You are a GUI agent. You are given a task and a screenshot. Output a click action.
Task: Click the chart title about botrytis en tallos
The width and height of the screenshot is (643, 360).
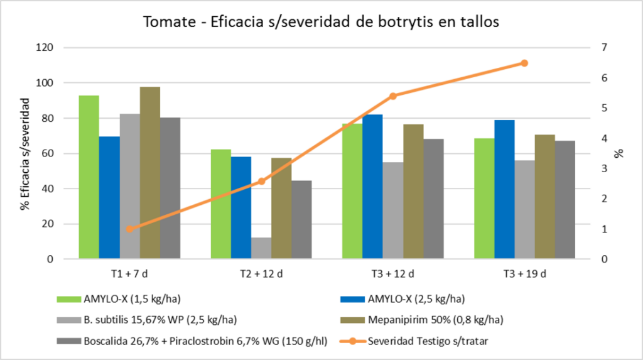[321, 21]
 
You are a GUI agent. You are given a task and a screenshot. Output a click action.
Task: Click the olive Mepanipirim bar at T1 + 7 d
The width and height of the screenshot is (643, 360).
[150, 173]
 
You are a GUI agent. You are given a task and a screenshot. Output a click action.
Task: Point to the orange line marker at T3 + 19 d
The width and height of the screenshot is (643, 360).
[524, 63]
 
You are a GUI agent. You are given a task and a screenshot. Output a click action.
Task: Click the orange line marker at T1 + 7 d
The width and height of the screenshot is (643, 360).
[129, 229]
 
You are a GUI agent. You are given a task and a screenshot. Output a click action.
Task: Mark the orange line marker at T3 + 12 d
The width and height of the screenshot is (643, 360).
[393, 96]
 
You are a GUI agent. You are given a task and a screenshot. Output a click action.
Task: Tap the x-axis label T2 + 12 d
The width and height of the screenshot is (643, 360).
[261, 274]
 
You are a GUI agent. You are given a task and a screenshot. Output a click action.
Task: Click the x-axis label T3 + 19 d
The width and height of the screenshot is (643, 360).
[524, 274]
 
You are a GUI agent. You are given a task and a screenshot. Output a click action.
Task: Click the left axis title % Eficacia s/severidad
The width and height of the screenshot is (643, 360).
[25, 153]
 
